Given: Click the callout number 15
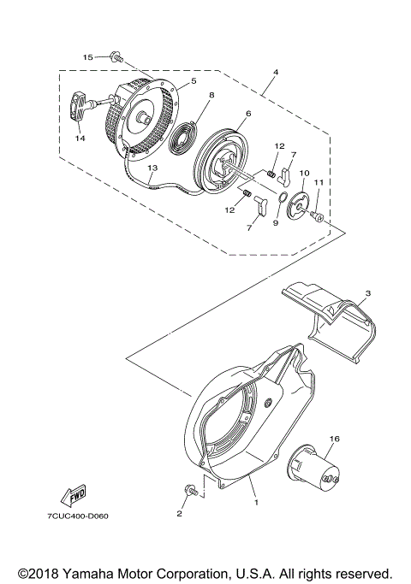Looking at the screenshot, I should click(87, 56).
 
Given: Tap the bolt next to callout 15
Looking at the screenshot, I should click(112, 57).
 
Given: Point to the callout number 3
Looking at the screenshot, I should click(366, 293).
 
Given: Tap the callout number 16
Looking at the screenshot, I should click(334, 438).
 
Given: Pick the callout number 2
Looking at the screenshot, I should click(179, 513).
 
